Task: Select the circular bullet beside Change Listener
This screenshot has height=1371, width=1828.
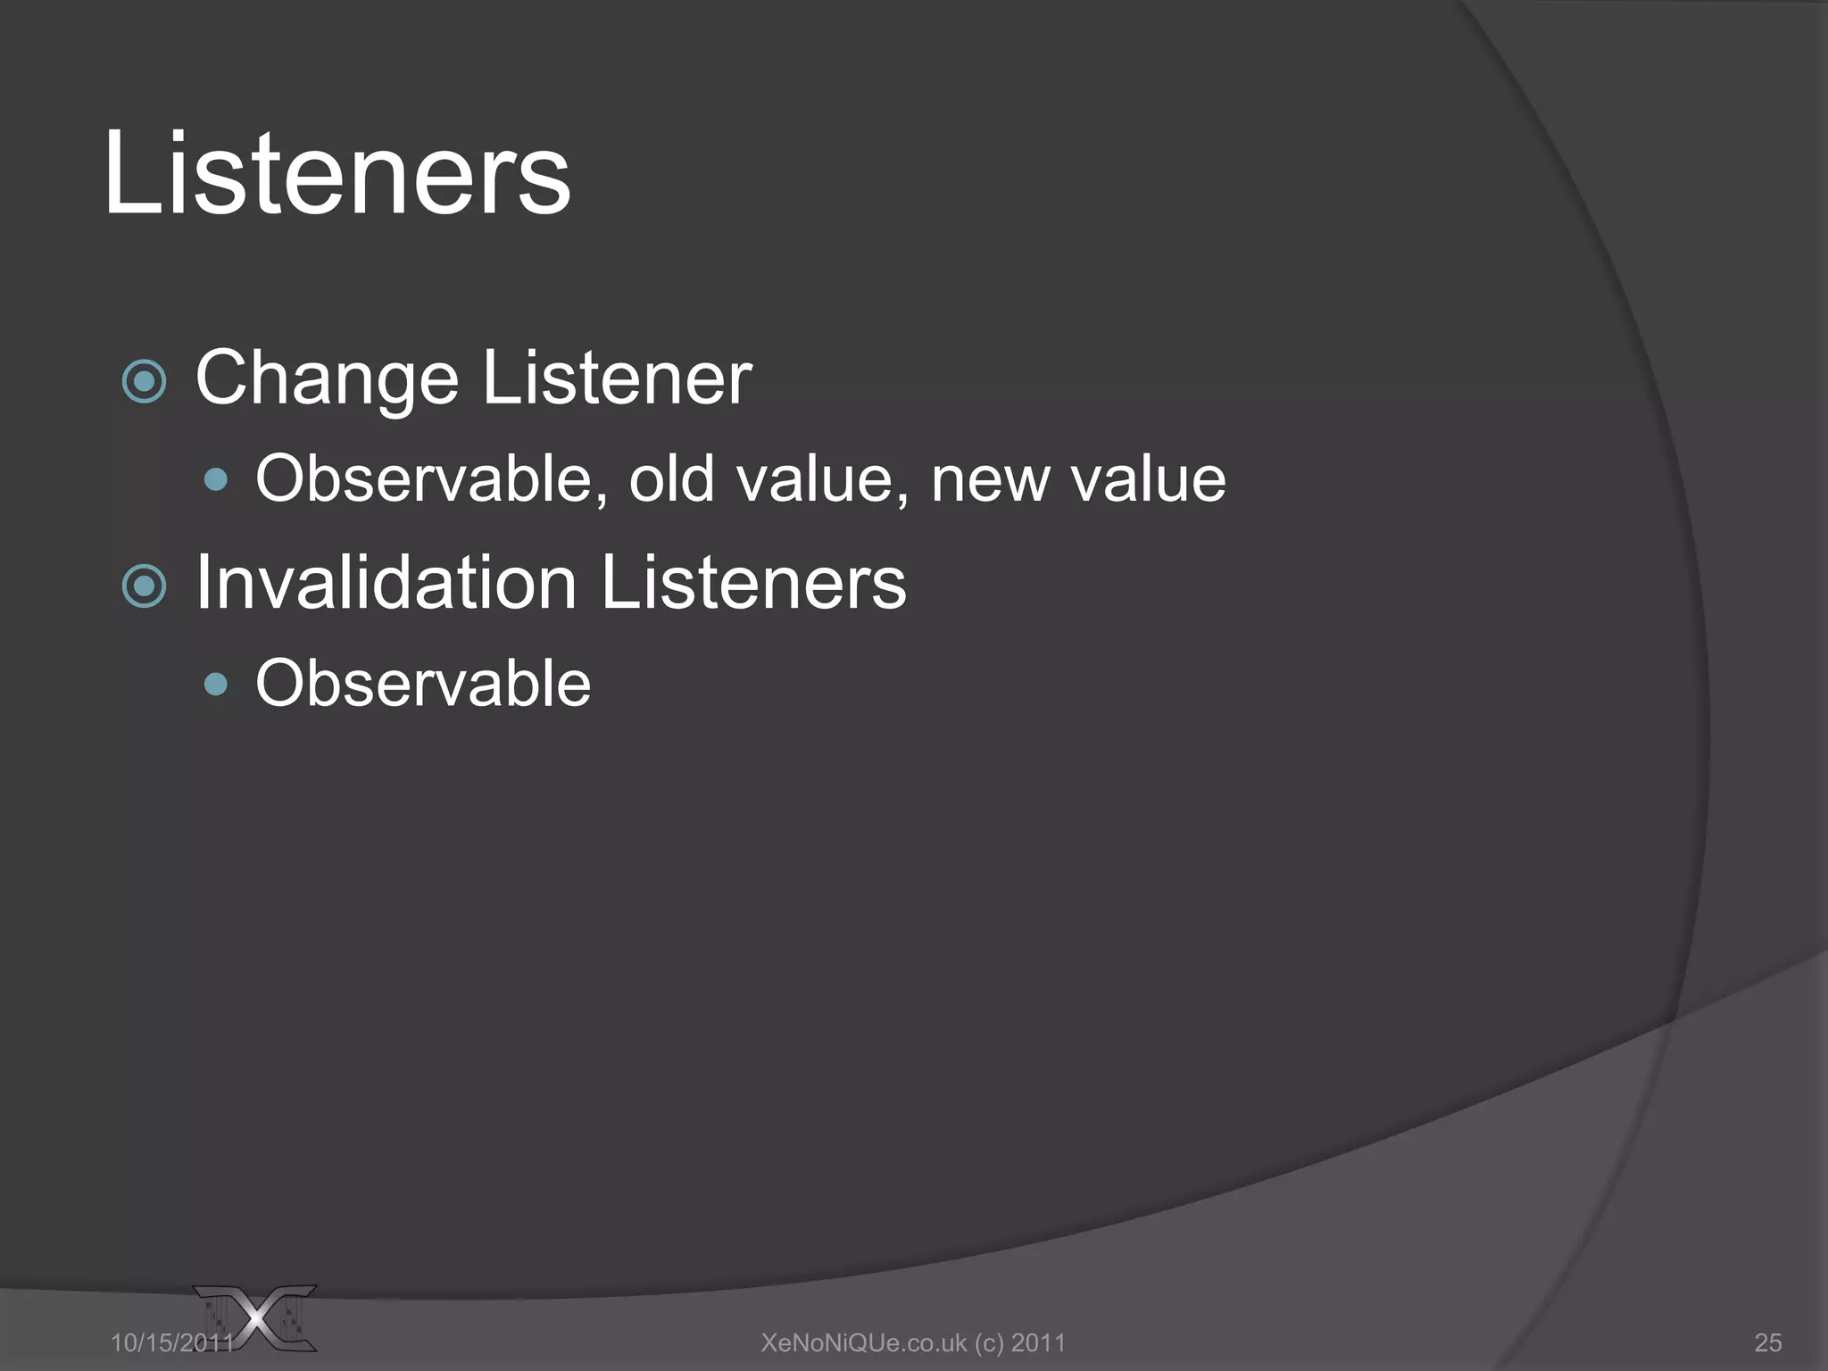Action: [144, 382]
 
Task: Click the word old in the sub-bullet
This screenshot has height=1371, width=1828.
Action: [672, 479]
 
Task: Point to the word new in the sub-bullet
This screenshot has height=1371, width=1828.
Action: [989, 479]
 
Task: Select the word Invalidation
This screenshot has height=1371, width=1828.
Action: [386, 583]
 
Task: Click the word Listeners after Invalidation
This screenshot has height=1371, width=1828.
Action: [753, 583]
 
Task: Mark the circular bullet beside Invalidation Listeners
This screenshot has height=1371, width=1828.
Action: [144, 586]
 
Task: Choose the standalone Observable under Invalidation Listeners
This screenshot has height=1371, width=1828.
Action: [423, 684]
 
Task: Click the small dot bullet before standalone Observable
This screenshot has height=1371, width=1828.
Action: [215, 685]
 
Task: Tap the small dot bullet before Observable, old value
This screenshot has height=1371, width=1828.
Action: [215, 481]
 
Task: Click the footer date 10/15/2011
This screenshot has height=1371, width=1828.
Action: [171, 1342]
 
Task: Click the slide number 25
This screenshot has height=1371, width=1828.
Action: [1767, 1342]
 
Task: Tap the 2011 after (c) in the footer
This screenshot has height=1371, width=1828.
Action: [1038, 1342]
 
